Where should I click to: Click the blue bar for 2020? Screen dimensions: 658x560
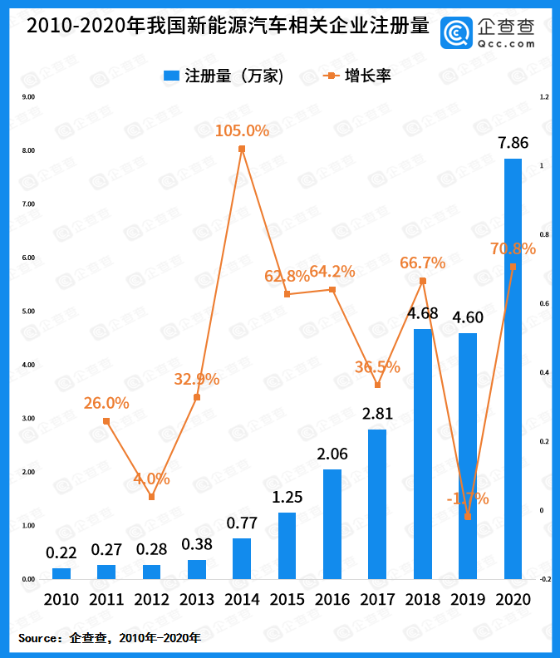coord(513,368)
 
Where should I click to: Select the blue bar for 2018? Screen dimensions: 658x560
coord(422,454)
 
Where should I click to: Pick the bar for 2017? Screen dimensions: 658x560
coord(377,503)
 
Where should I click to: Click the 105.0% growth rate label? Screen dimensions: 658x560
coord(242,130)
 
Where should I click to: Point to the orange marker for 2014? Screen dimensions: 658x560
coord(242,150)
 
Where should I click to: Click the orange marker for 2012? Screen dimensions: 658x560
coord(151,497)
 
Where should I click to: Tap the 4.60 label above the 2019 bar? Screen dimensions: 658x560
coord(468,317)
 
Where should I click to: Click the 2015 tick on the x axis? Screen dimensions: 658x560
coord(287,600)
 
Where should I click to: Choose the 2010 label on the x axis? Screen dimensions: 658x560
coord(61,600)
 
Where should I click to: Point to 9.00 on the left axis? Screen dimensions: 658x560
coord(28,97)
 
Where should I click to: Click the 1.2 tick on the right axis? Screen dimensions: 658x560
coord(544,97)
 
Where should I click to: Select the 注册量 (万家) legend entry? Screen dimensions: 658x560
coord(224,76)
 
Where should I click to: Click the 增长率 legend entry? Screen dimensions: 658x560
coord(357,76)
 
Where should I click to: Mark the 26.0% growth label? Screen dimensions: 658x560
coord(106,403)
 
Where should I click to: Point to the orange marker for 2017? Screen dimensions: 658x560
coord(377,385)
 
